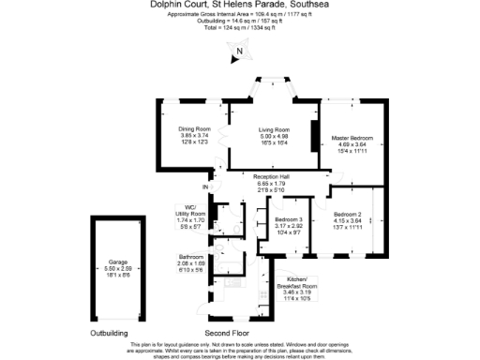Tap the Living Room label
(x=274, y=129)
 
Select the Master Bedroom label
(x=353, y=138)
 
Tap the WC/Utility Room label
(x=190, y=213)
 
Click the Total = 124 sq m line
(x=240, y=27)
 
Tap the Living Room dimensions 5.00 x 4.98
(x=274, y=136)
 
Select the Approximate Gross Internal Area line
(x=240, y=14)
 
